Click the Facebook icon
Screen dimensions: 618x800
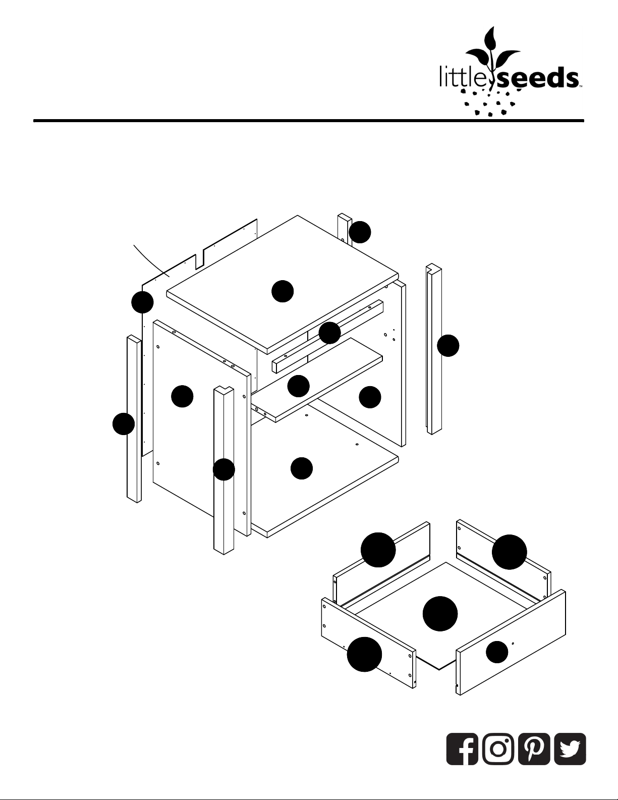click(462, 749)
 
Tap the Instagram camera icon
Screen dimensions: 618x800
click(498, 749)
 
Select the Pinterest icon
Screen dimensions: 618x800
click(534, 749)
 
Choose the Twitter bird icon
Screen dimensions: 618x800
click(570, 749)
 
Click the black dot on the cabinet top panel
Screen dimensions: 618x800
click(283, 291)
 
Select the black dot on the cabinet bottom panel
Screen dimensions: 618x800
click(302, 468)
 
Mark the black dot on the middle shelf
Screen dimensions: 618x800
click(298, 386)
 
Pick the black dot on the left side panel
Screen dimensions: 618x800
click(182, 396)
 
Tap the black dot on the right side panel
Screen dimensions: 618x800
click(370, 397)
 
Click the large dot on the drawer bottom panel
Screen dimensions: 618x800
click(440, 614)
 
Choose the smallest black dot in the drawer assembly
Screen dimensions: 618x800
click(497, 652)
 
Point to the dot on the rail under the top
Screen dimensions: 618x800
click(329, 333)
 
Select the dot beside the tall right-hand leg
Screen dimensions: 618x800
click(448, 345)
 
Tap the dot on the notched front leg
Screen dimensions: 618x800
click(223, 469)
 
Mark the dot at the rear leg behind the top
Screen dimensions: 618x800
click(360, 232)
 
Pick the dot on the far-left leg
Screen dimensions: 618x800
click(123, 424)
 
